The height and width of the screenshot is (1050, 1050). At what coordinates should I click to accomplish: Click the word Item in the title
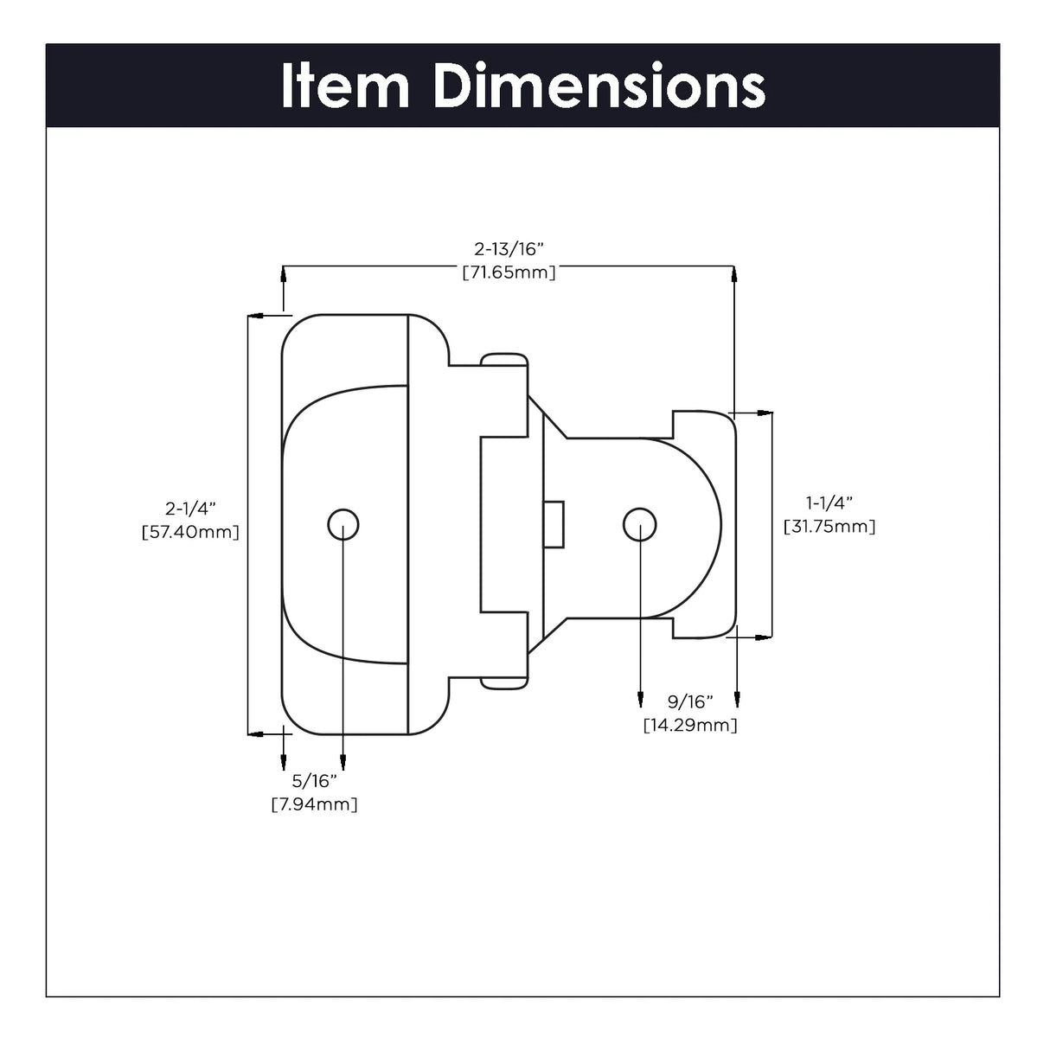(x=344, y=86)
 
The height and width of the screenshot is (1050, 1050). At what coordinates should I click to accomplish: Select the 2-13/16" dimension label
(x=509, y=249)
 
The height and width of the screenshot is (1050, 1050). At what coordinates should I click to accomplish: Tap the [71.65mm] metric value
(x=509, y=272)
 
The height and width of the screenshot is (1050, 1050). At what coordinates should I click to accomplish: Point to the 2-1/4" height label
(x=190, y=509)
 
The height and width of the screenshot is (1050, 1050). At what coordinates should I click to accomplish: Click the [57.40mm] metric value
(x=190, y=532)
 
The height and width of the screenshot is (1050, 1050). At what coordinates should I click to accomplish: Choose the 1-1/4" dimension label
(x=829, y=503)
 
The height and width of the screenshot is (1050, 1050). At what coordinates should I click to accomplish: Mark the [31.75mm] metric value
(x=829, y=526)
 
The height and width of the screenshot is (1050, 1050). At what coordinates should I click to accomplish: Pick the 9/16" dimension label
(x=689, y=701)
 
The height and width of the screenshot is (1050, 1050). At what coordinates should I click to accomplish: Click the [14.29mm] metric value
(x=689, y=725)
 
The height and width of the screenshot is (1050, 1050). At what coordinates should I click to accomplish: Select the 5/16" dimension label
(x=314, y=781)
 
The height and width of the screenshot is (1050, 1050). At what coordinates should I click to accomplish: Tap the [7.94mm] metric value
(x=314, y=804)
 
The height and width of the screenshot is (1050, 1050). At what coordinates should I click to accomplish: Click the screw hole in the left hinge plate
(x=343, y=524)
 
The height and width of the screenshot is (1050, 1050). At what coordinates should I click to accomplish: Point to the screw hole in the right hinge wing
(x=639, y=524)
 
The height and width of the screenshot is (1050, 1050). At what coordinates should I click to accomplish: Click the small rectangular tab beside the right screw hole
(x=554, y=524)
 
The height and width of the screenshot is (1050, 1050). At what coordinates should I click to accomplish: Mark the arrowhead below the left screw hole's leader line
(x=343, y=762)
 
